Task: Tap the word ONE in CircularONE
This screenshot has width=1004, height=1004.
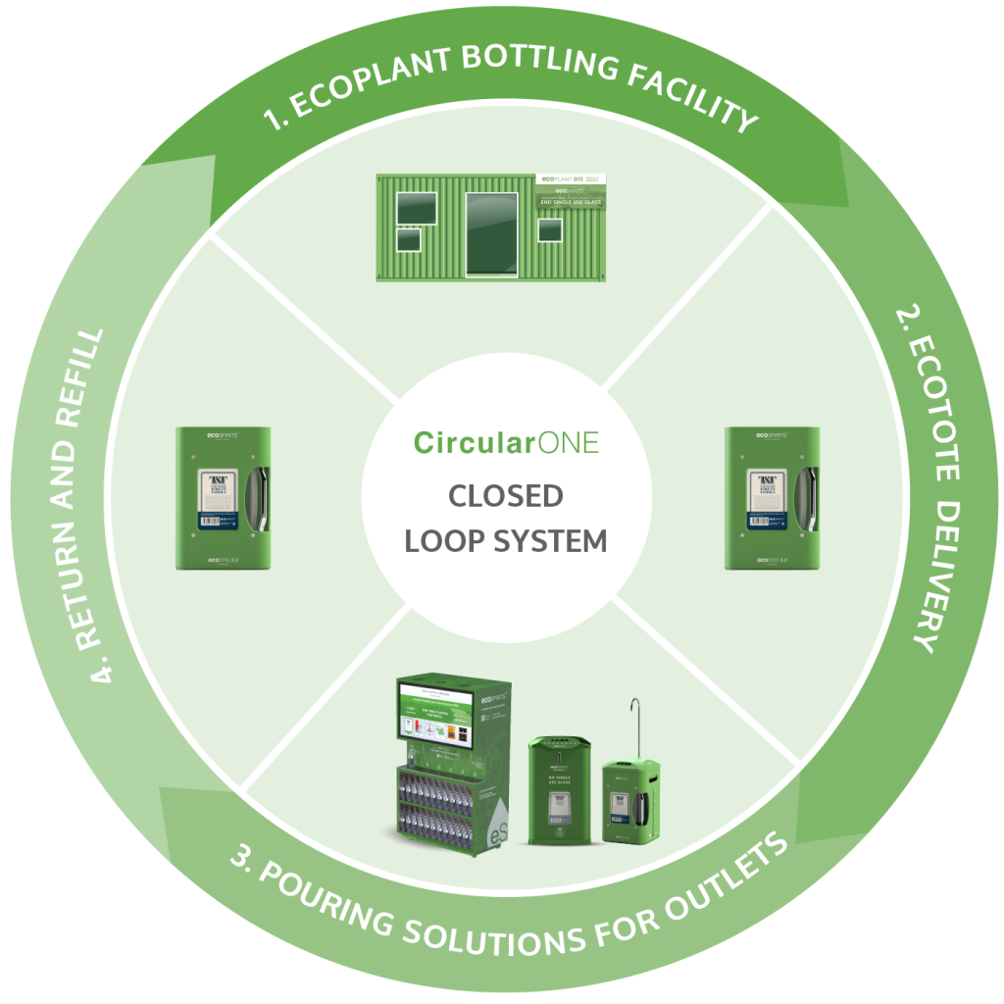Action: coord(567,443)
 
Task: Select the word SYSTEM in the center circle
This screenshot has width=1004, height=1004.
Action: coord(556,541)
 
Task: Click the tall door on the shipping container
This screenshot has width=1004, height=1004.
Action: coord(491,234)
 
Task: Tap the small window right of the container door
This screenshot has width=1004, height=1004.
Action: coord(550,229)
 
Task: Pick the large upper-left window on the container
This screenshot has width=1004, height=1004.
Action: coord(417,208)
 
